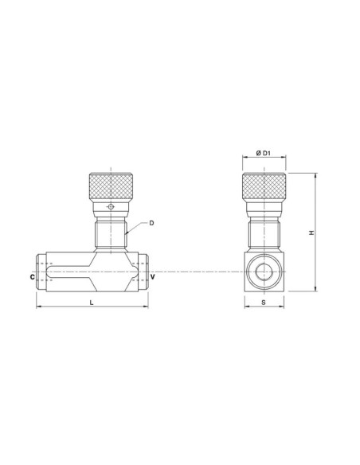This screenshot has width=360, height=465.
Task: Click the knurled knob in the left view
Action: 111,186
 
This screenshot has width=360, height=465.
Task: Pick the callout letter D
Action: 151,223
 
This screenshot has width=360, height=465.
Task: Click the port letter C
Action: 31,277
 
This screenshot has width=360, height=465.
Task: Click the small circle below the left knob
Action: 111,208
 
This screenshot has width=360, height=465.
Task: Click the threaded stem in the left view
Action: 111,233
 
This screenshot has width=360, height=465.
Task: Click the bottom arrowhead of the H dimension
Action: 318,290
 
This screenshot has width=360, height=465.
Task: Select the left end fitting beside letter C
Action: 41,272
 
